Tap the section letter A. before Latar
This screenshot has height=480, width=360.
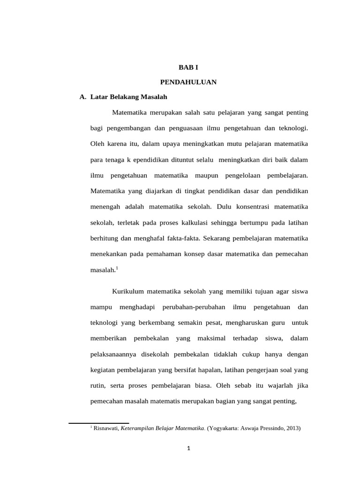(x=83, y=97)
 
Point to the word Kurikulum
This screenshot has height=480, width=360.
(x=127, y=292)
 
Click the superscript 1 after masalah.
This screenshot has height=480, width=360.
(x=117, y=268)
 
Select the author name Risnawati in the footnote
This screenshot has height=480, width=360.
(x=106, y=428)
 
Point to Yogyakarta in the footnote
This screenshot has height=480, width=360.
(x=224, y=428)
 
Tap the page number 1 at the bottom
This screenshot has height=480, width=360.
(x=188, y=449)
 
